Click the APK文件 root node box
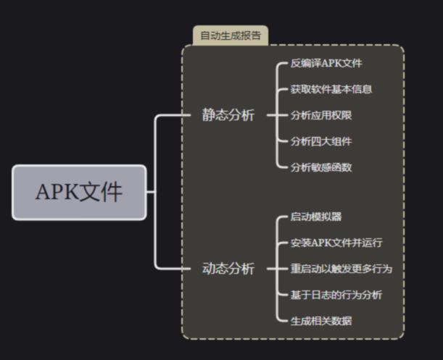(79, 192)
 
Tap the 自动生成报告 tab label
(231, 35)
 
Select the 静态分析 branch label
(228, 115)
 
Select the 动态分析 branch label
(228, 269)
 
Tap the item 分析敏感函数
(321, 167)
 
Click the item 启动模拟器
(316, 217)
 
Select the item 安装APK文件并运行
(336, 243)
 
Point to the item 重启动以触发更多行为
(341, 269)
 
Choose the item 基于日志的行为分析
(336, 295)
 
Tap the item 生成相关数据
(321, 321)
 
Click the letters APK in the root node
(57, 193)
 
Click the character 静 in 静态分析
(209, 115)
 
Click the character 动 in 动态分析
(209, 269)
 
